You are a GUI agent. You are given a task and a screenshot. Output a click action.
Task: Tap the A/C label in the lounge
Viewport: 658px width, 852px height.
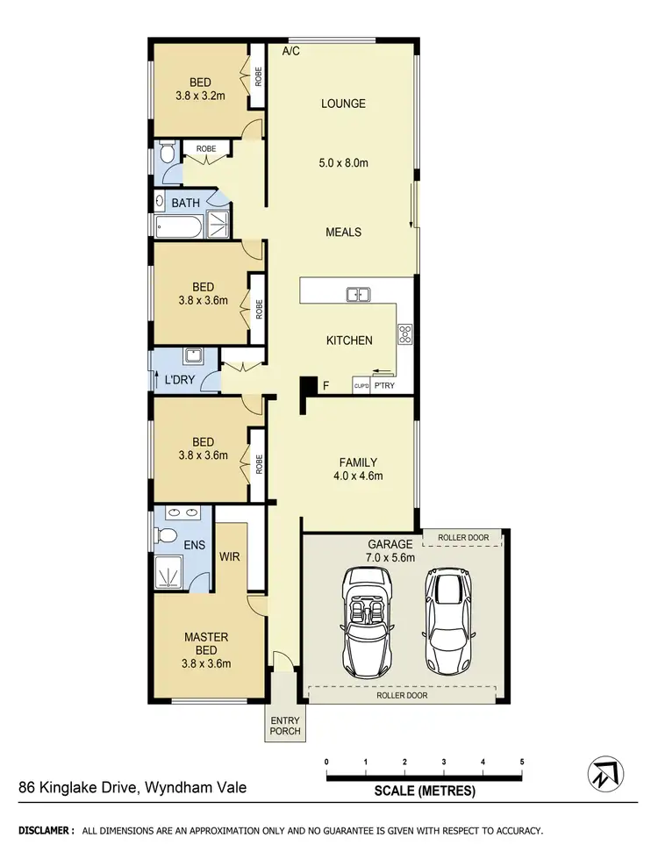pos(291,52)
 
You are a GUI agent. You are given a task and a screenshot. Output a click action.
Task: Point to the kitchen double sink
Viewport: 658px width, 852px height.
pos(357,295)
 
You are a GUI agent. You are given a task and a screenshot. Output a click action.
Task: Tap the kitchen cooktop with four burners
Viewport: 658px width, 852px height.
pos(405,333)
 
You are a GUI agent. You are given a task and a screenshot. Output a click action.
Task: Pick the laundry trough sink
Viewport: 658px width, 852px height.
pos(194,357)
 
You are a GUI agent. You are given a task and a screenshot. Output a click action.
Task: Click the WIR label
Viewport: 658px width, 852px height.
pos(230,555)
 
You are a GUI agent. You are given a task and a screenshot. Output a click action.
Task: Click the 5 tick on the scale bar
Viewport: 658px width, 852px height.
pos(522,762)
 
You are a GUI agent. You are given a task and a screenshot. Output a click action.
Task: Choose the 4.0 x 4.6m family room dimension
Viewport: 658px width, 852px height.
pos(358,476)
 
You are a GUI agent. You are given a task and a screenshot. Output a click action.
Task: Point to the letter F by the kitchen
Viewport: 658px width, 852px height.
pos(325,385)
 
